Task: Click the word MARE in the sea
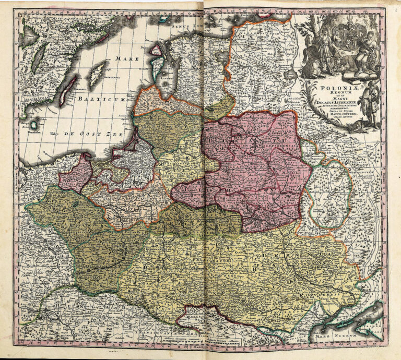[127, 59]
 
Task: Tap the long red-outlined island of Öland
[67, 91]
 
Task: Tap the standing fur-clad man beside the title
[371, 104]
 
